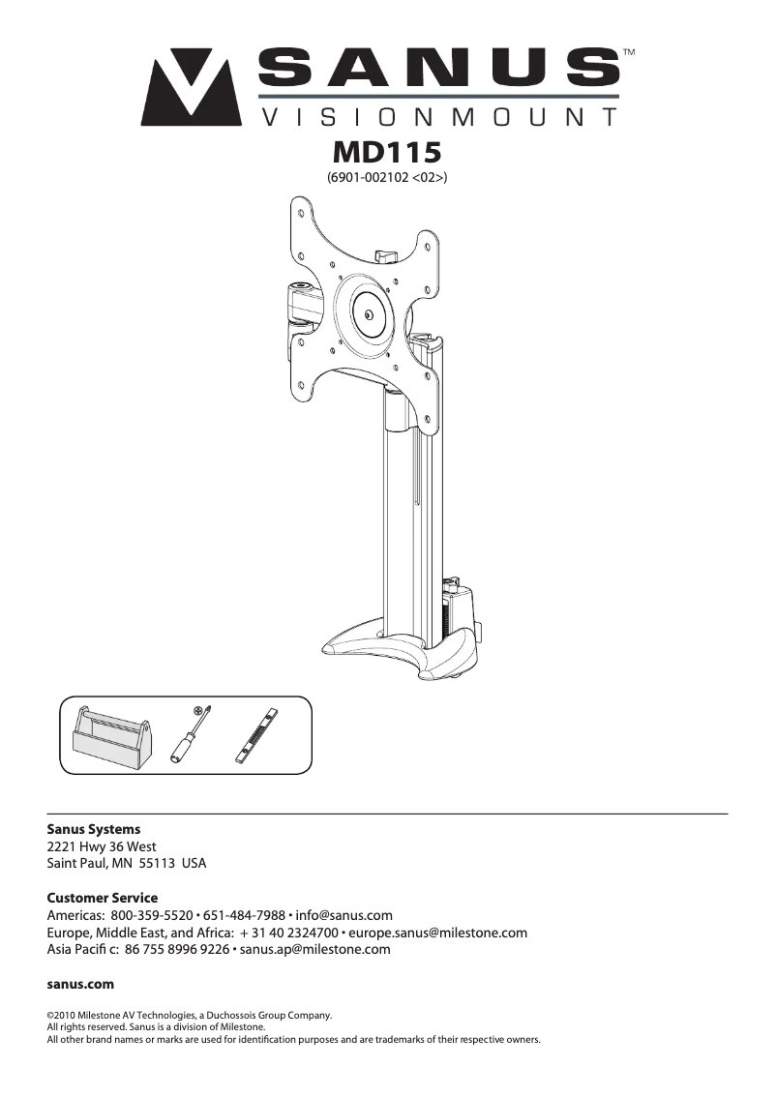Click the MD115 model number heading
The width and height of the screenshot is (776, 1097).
point(387,153)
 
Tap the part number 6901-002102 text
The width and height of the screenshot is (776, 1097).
point(387,177)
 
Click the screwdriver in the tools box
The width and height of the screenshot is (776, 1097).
point(190,735)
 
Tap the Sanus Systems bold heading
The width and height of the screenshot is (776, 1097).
point(94,829)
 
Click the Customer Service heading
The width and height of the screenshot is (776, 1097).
point(103,898)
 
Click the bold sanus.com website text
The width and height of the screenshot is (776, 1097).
point(81,984)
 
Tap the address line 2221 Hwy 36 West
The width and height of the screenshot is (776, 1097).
point(102,846)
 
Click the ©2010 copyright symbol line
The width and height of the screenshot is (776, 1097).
point(190,1015)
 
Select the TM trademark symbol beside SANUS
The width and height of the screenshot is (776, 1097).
point(628,50)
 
